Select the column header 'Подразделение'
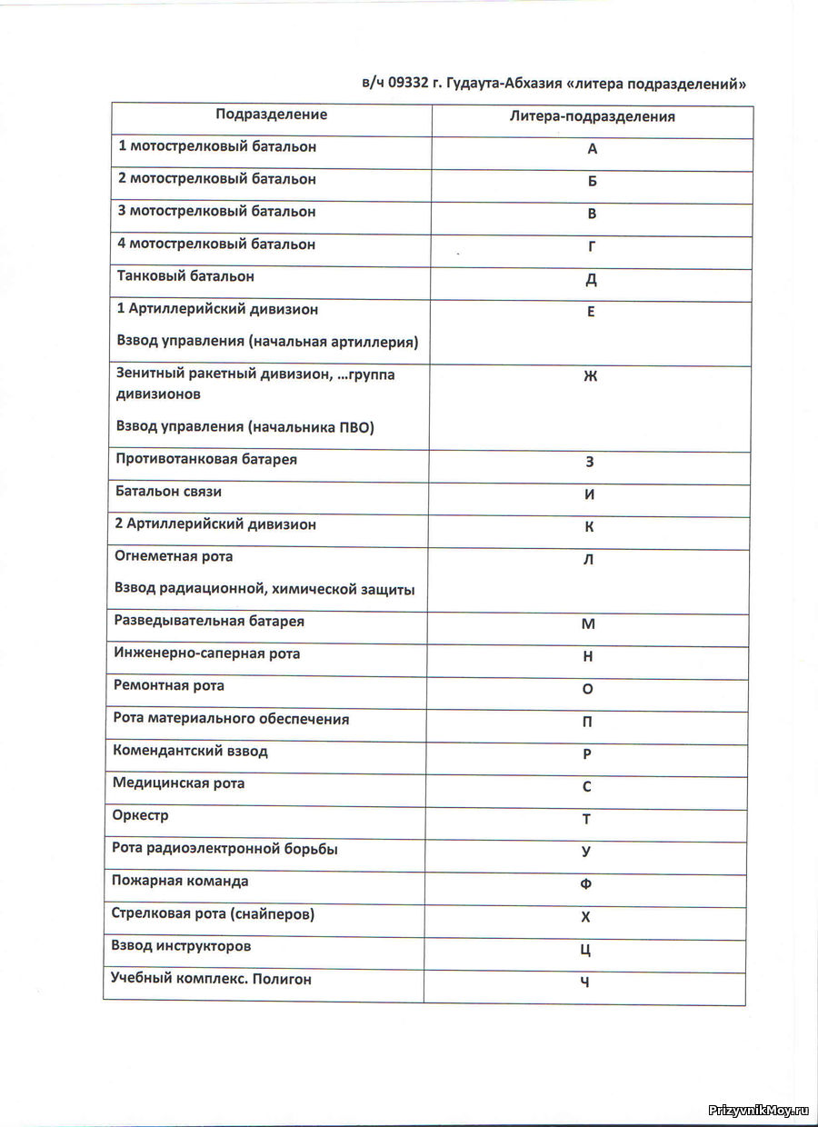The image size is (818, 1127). click(271, 115)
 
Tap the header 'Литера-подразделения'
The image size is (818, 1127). click(592, 116)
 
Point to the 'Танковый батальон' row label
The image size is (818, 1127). click(185, 275)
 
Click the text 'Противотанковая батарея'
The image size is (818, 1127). click(206, 459)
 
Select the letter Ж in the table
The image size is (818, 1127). click(591, 376)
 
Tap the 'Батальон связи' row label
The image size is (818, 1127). click(169, 492)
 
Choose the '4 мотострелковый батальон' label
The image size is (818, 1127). click(216, 244)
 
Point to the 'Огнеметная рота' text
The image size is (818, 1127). click(174, 556)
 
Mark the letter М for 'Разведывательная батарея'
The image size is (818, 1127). click(588, 624)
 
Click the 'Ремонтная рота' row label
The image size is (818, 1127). click(169, 685)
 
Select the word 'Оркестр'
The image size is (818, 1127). click(141, 815)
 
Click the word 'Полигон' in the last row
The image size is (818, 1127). click(282, 979)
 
